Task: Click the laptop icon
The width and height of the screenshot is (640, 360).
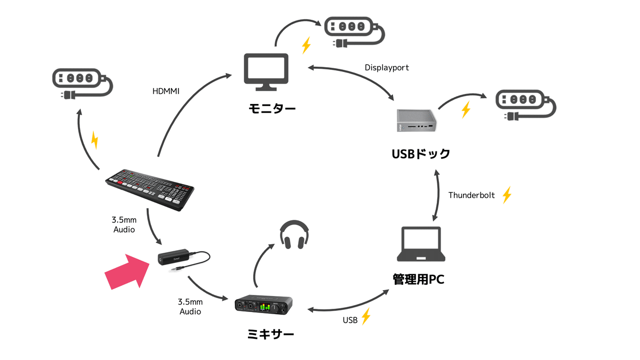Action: click(422, 245)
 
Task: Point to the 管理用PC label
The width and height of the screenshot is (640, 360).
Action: click(418, 279)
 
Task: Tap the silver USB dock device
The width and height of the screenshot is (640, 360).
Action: click(418, 121)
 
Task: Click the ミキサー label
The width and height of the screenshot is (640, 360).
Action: click(271, 335)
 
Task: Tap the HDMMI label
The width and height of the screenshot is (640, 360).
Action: click(166, 92)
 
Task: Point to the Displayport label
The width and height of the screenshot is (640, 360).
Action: click(387, 68)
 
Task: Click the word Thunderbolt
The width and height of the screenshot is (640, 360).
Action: click(471, 195)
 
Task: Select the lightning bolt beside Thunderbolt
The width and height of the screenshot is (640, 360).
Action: click(507, 195)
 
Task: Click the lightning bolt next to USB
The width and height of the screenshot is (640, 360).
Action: click(365, 317)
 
